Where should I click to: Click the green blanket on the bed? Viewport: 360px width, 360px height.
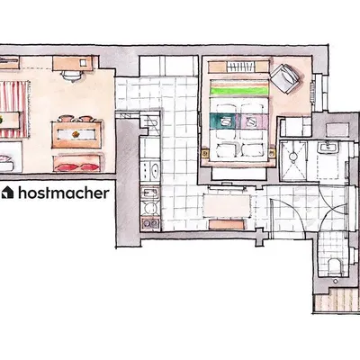238,88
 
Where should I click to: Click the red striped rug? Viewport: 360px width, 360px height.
13,99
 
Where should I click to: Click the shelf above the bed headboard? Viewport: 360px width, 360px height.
238,66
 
